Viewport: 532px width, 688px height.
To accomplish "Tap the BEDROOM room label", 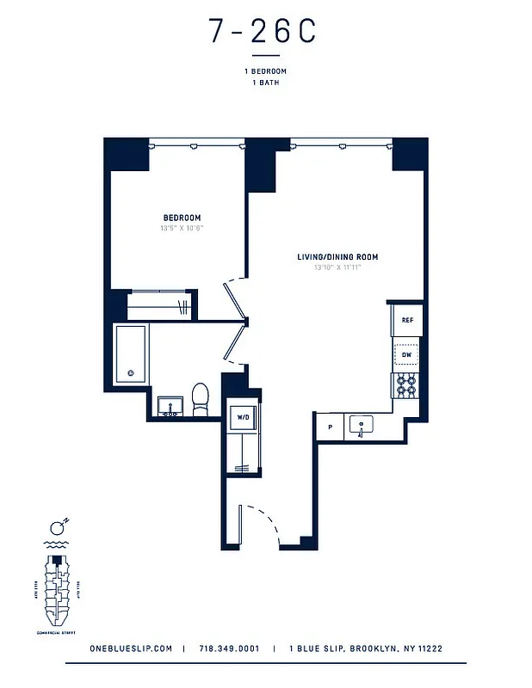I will click(182, 218).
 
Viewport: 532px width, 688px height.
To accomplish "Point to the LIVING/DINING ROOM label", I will click(337, 257).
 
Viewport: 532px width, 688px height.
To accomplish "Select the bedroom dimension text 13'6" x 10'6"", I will click(182, 229).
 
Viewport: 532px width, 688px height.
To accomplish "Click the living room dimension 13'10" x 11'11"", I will click(337, 268).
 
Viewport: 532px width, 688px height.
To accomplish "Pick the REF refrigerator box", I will click(407, 320).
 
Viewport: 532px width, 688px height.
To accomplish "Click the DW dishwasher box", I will click(407, 353).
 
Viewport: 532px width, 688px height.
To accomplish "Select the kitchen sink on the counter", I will click(360, 424).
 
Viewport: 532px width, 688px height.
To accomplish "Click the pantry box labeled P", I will click(329, 426).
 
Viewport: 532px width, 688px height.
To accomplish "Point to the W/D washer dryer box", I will click(243, 418).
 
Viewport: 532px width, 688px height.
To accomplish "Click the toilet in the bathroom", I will click(200, 398).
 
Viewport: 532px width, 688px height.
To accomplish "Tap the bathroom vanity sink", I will click(169, 406).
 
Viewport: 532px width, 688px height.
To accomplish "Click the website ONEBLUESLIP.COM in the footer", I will click(130, 649).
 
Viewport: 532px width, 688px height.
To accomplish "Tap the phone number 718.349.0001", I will click(228, 649).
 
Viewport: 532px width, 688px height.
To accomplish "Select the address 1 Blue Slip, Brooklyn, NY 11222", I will click(366, 649).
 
